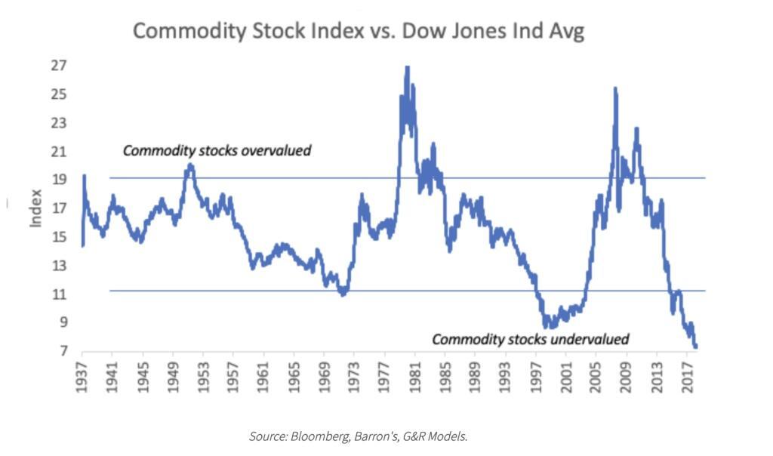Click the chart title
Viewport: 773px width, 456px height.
(359, 31)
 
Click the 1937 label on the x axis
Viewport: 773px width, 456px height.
(82, 376)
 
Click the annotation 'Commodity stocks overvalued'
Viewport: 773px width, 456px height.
(217, 150)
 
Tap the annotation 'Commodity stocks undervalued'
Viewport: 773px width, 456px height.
(530, 339)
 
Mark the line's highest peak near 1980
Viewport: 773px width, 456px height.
(407, 67)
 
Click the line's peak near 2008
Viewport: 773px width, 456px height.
(615, 88)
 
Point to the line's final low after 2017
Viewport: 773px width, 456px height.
(695, 347)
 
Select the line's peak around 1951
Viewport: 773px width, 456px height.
(189, 165)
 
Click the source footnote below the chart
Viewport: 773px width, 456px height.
(358, 436)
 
